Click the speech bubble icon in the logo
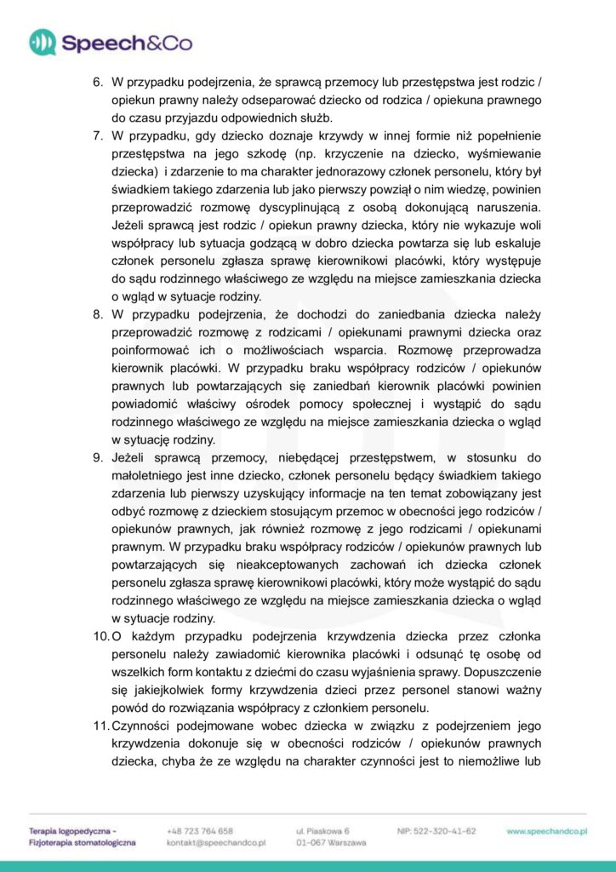coord(43,42)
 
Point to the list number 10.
coord(100,637)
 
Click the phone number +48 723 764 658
coord(200,830)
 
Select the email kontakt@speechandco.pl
coord(218,842)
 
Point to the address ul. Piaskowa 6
coord(322,830)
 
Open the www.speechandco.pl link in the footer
coord(547,830)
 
